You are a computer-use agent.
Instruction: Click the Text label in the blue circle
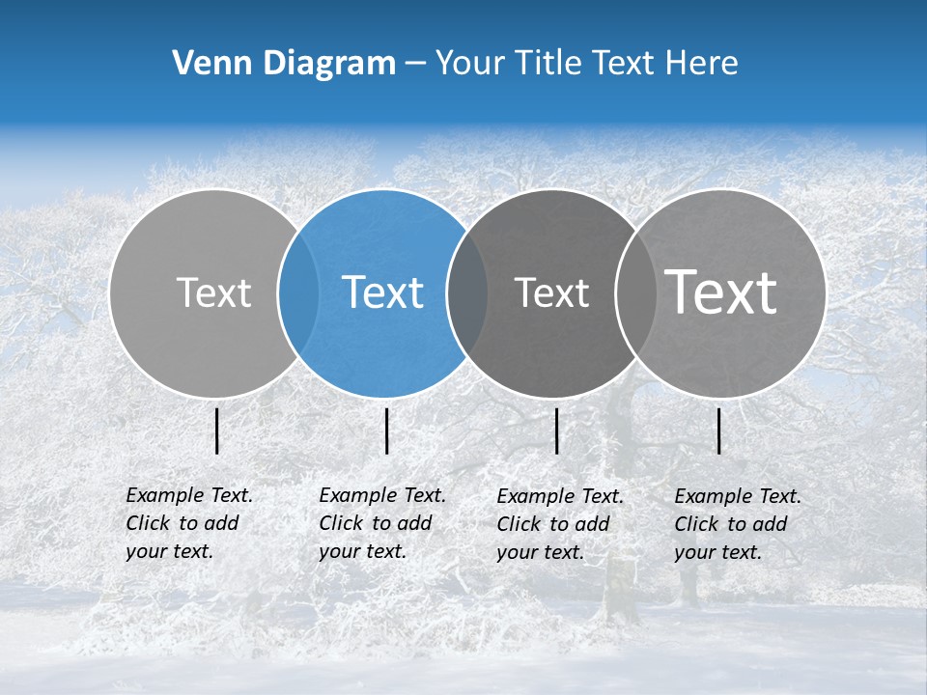(x=382, y=292)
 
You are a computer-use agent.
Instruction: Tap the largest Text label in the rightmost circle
(x=720, y=292)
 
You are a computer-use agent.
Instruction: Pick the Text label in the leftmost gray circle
(x=213, y=292)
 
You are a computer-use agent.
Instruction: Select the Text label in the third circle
(x=551, y=292)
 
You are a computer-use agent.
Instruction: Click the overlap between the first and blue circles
(x=298, y=293)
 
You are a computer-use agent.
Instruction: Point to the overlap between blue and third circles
(x=467, y=293)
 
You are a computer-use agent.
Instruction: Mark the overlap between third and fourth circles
(x=635, y=293)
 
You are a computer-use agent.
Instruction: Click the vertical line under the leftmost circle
(x=217, y=431)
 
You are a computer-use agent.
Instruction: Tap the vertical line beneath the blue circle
(x=386, y=431)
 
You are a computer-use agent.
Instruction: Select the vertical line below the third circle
(x=557, y=431)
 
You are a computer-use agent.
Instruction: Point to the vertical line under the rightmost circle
(x=719, y=431)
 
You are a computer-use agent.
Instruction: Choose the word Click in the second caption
(x=341, y=523)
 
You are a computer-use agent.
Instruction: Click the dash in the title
(x=415, y=64)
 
